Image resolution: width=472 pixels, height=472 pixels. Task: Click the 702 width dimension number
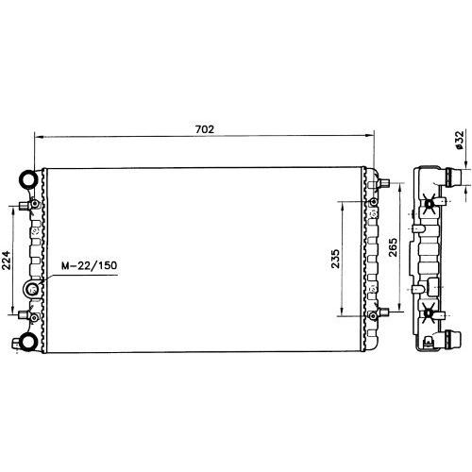click(x=205, y=129)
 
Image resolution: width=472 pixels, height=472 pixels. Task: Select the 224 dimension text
click(x=7, y=261)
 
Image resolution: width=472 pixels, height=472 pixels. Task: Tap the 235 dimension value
click(x=335, y=259)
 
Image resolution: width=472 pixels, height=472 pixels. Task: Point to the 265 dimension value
click(x=393, y=247)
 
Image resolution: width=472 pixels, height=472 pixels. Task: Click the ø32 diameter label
click(x=460, y=140)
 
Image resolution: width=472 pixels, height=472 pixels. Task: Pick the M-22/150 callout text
click(x=89, y=265)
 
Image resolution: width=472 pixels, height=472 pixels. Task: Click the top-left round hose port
click(x=29, y=179)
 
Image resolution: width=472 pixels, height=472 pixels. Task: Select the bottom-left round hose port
click(x=28, y=342)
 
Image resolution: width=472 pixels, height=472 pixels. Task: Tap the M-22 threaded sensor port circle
click(x=32, y=288)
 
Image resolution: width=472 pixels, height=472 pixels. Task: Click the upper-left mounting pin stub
click(x=25, y=206)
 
